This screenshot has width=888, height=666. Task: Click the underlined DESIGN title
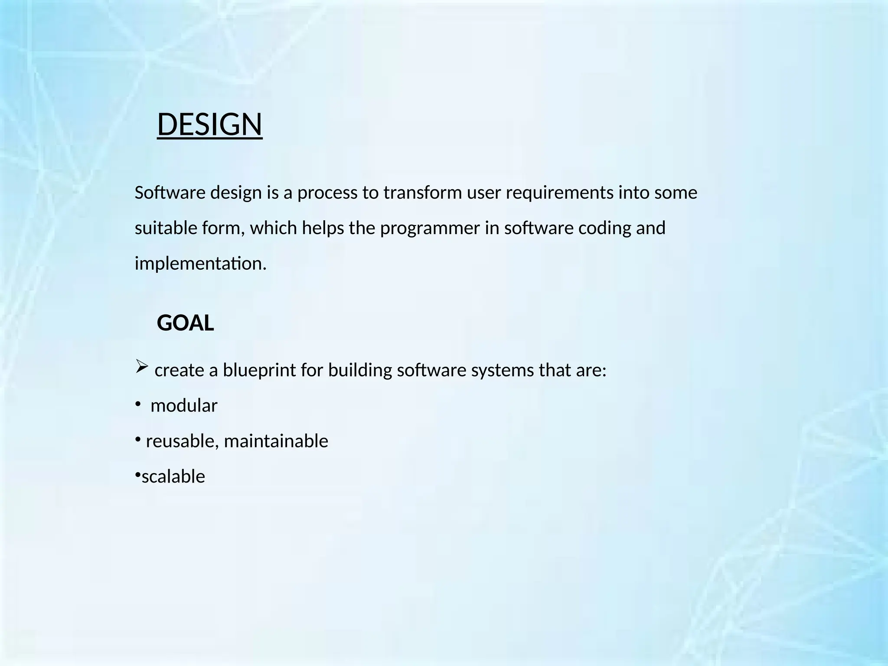tap(209, 124)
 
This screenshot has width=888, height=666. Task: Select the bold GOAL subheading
tap(185, 323)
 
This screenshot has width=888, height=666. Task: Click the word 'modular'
tap(184, 406)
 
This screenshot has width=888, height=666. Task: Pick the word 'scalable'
tap(173, 477)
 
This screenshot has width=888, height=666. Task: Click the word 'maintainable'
tap(276, 441)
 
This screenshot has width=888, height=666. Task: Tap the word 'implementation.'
tap(200, 264)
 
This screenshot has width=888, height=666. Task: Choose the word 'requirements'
tap(559, 193)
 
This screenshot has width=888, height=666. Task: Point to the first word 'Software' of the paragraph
tap(170, 193)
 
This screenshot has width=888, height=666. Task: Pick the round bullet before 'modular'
tap(137, 405)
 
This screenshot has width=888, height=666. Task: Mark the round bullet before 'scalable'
tap(137, 476)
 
